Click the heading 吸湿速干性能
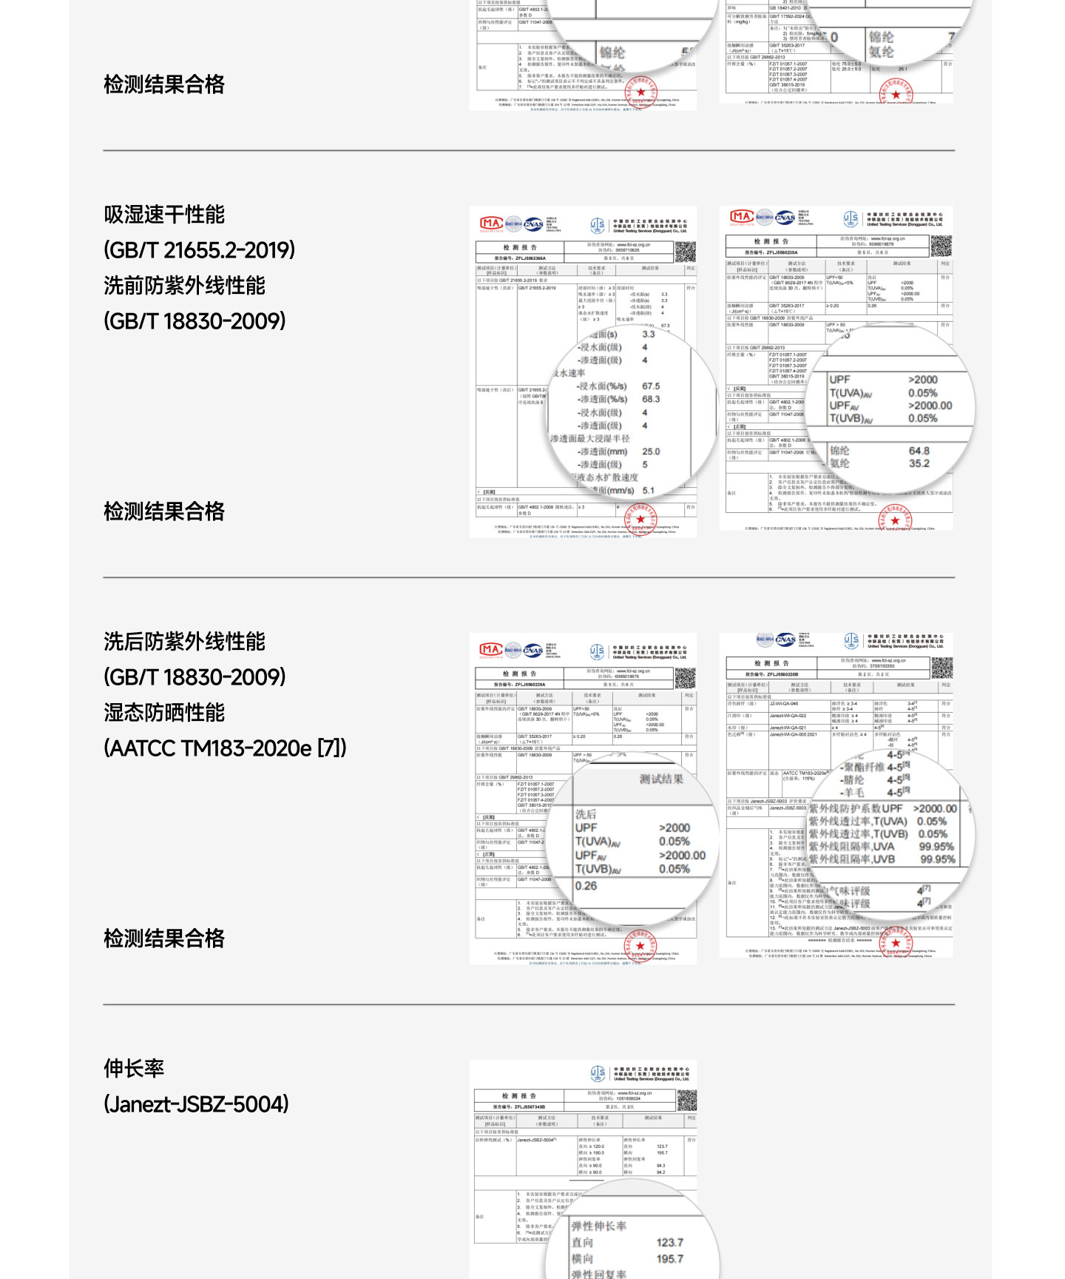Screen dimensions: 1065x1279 pos(164,215)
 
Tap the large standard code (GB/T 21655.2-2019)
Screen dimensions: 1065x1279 pos(199,250)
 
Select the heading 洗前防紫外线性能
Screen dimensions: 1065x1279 pos(184,286)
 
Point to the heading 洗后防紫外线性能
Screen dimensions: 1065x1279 pos(184,642)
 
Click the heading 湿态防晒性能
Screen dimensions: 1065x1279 pos(164,713)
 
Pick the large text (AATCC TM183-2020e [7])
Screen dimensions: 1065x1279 pos(225,748)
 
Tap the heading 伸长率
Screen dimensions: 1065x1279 pos(134,1069)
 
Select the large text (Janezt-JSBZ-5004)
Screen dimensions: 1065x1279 pos(196,1104)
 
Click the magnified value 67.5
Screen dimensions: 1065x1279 pos(651,386)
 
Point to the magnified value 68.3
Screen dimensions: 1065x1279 pos(651,399)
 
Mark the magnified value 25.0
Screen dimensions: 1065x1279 pos(651,451)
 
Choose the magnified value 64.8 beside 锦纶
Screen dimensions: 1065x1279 pos(919,451)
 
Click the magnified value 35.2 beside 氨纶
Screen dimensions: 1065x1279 pos(919,463)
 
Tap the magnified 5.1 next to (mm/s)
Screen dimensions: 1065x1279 pos(649,490)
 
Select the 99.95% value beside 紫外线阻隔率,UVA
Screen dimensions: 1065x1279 pos(936,847)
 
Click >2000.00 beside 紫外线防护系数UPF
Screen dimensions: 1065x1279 pos(935,809)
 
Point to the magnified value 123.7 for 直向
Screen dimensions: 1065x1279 pos(670,1243)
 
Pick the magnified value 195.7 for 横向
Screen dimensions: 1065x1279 pos(670,1259)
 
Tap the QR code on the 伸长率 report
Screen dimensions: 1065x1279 pos(686,1100)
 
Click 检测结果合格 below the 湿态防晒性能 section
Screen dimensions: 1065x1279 pos(164,939)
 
